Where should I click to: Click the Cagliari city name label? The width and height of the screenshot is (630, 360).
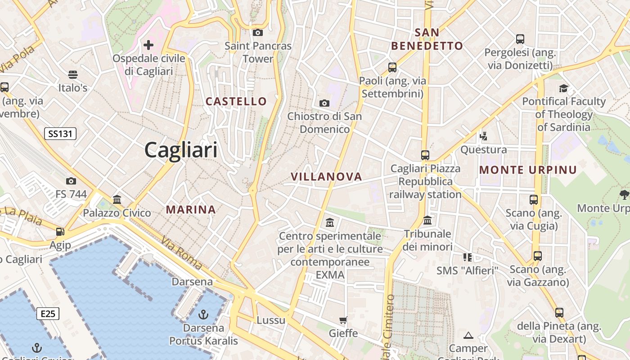181,150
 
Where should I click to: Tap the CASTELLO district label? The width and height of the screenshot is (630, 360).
236,101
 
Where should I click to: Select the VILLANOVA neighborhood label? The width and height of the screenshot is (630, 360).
326,176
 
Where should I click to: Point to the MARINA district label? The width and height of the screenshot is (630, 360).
191,209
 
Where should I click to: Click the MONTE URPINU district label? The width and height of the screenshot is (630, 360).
528,170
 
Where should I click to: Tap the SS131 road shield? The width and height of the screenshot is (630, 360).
60,133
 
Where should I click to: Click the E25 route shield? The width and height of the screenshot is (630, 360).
48,313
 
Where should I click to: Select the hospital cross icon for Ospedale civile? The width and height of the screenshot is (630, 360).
148,45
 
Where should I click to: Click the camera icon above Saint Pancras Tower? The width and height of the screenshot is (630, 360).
258,32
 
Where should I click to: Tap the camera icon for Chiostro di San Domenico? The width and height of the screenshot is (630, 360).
324,103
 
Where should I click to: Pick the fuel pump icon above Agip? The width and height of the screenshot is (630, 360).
60,232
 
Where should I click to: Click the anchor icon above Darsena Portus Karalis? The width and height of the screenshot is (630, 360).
203,314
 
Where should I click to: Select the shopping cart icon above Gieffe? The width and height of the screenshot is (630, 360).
343,320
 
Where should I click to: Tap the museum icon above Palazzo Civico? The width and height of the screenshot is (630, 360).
117,199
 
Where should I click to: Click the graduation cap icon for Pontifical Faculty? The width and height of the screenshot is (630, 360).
563,88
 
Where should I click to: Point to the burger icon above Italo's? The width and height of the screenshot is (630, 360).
73,74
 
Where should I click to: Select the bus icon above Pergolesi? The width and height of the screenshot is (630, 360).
520,39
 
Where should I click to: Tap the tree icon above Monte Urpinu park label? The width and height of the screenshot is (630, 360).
624,195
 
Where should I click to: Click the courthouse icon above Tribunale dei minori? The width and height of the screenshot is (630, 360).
427,220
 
